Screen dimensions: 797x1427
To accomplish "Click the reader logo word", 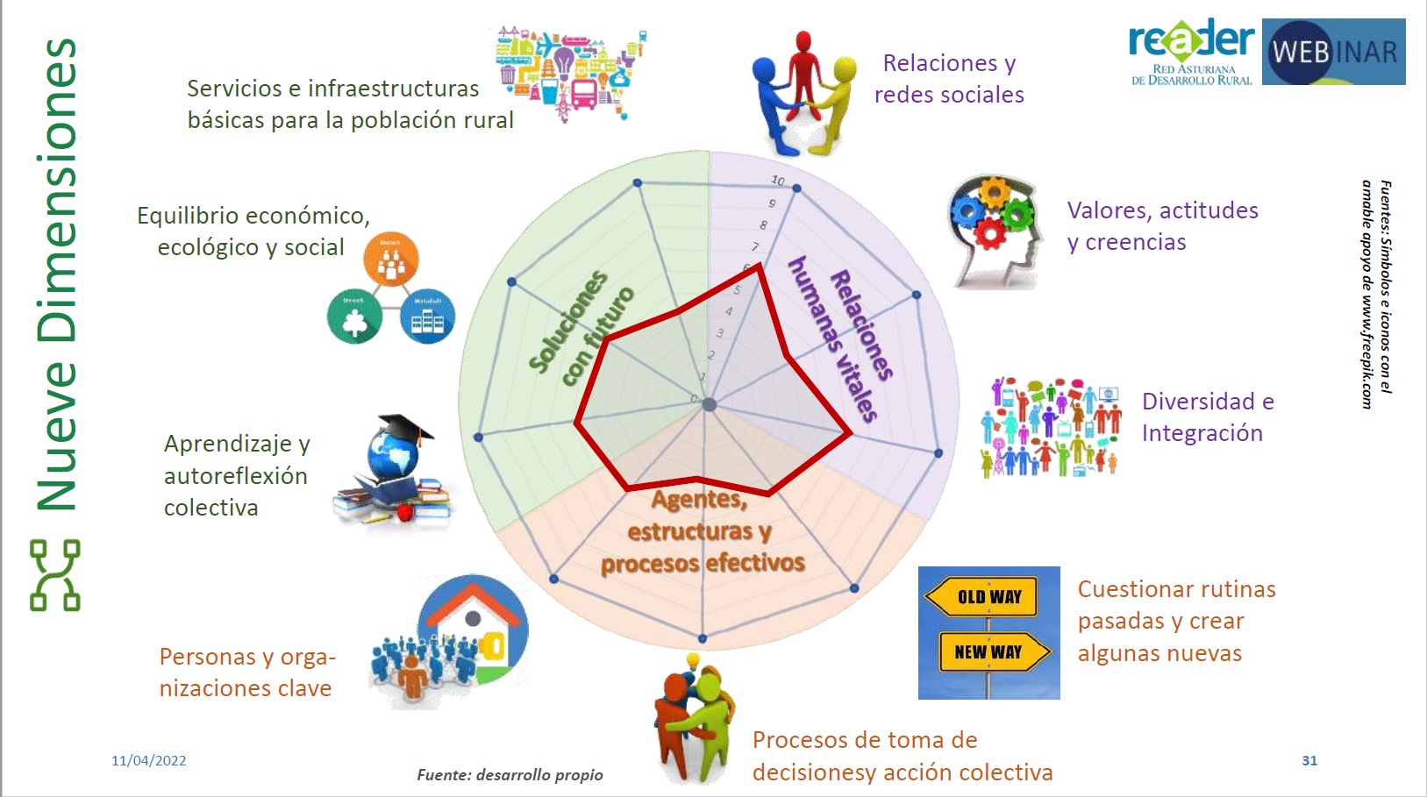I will [1191, 40].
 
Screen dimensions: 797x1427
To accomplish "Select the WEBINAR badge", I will [1333, 52].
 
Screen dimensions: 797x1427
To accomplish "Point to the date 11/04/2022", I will [148, 760].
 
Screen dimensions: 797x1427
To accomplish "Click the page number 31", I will [1309, 760].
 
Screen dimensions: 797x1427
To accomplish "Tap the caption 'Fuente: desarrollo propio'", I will [510, 774].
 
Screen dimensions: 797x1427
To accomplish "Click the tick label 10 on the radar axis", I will [778, 181].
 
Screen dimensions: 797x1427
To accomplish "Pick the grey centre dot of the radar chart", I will [710, 404].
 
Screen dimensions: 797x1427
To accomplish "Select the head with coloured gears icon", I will [994, 230].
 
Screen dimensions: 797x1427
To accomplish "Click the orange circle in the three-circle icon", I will [390, 260].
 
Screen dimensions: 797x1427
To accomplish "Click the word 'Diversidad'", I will [1198, 402].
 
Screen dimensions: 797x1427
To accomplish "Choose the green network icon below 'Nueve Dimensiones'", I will [55, 574].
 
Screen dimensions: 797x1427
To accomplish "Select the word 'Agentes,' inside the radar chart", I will [698, 500].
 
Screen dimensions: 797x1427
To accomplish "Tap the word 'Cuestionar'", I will [1131, 589].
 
